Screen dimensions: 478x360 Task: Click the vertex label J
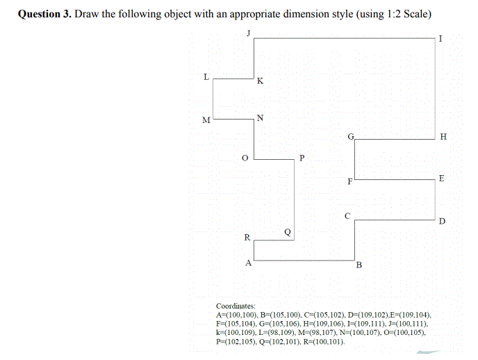248,32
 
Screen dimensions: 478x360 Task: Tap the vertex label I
440,38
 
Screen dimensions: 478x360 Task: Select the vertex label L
206,76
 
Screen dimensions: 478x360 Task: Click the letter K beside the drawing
260,81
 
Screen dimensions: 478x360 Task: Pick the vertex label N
259,117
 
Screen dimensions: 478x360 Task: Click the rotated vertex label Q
288,230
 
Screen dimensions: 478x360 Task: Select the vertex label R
247,238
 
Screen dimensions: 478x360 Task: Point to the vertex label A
247,263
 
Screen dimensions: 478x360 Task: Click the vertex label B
358,265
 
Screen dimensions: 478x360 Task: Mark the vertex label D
442,222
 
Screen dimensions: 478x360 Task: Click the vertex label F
349,182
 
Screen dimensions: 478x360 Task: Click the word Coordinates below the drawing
236,306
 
